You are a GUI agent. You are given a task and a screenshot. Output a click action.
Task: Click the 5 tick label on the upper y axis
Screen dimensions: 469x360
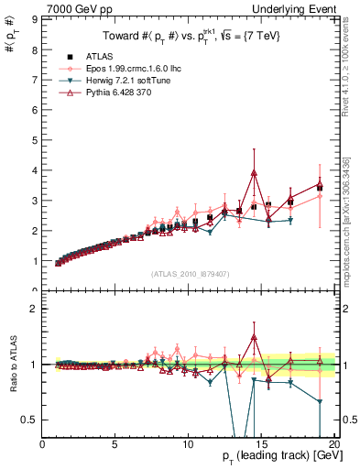(34, 140)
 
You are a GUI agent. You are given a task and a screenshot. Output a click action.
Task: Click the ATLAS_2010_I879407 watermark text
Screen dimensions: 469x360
(190, 274)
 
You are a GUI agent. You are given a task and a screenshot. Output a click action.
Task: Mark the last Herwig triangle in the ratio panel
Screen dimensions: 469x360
(319, 401)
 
